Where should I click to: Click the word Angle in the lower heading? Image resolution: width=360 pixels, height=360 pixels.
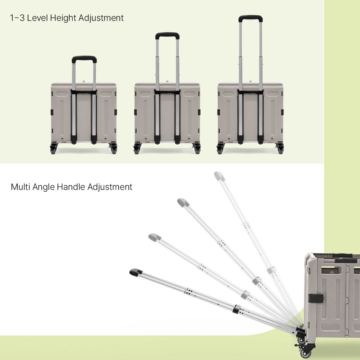pyautogui.click(x=44, y=187)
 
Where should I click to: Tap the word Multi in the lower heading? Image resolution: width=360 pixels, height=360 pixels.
pyautogui.click(x=20, y=187)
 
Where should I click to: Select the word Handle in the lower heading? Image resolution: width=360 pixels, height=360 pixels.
pyautogui.click(x=71, y=187)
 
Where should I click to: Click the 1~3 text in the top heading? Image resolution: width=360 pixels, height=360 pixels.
pyautogui.click(x=17, y=18)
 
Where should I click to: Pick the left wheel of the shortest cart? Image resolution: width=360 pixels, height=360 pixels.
pyautogui.click(x=53, y=149)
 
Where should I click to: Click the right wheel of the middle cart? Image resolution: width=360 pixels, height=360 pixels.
pyautogui.click(x=197, y=149)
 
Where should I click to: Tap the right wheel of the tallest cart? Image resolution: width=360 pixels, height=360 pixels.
pyautogui.click(x=280, y=149)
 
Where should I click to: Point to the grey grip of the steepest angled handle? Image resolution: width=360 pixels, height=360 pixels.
pyautogui.click(x=219, y=176)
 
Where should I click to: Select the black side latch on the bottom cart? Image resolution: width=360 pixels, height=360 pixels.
pyautogui.click(x=316, y=298)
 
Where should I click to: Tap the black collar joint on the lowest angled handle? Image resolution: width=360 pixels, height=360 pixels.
pyautogui.click(x=237, y=309)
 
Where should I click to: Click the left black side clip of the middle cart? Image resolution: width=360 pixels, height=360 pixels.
pyautogui.click(x=136, y=112)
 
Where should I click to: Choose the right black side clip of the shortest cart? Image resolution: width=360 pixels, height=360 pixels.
pyautogui.click(x=115, y=112)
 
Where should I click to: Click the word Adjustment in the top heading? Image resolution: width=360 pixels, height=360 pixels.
pyautogui.click(x=101, y=18)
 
